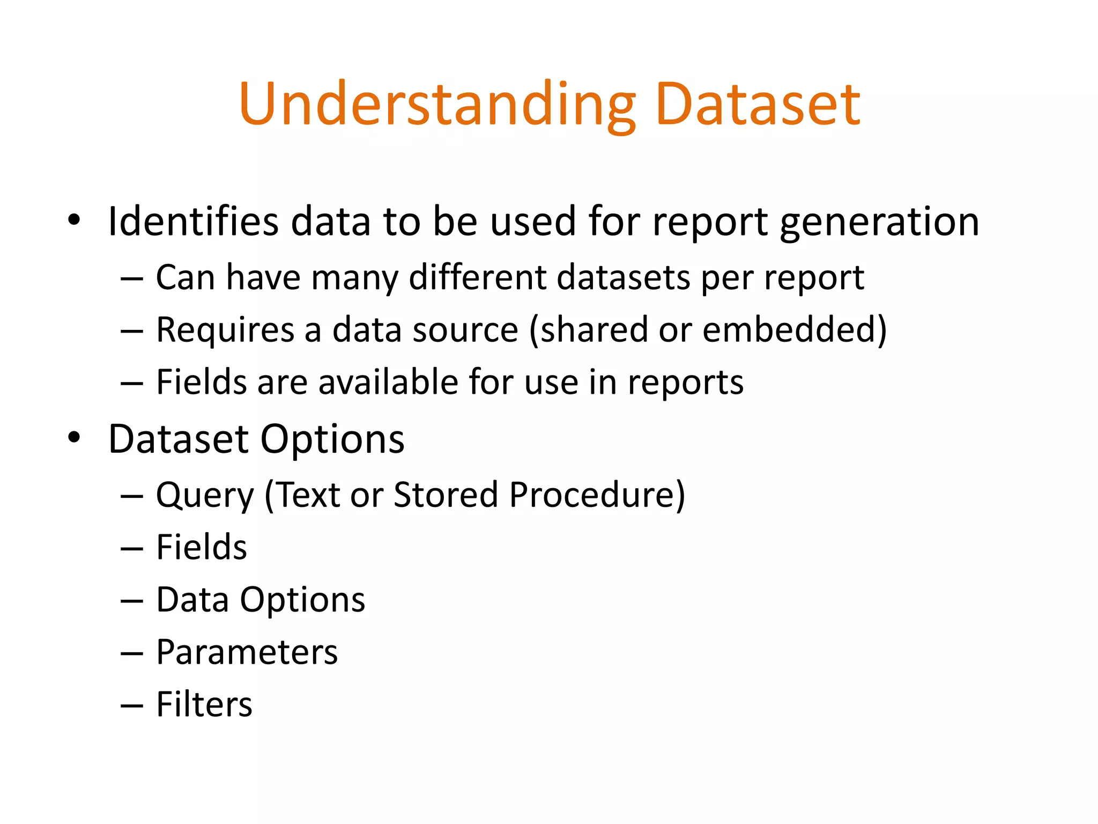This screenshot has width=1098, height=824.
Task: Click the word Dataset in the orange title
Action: point(757,105)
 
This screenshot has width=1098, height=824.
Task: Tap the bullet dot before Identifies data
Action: point(74,220)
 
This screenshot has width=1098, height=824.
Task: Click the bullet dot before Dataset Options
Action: point(74,438)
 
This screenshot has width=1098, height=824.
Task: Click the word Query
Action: point(205,495)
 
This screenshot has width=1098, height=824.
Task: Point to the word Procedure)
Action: point(597,495)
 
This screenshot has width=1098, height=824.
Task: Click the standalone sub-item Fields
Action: point(202,547)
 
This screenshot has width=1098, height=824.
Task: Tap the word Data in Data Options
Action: point(192,600)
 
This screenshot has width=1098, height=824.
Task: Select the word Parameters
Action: point(247,652)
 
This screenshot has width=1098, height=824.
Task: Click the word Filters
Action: point(204,704)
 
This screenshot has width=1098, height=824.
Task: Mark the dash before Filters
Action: point(132,706)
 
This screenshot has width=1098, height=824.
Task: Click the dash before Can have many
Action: point(132,279)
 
